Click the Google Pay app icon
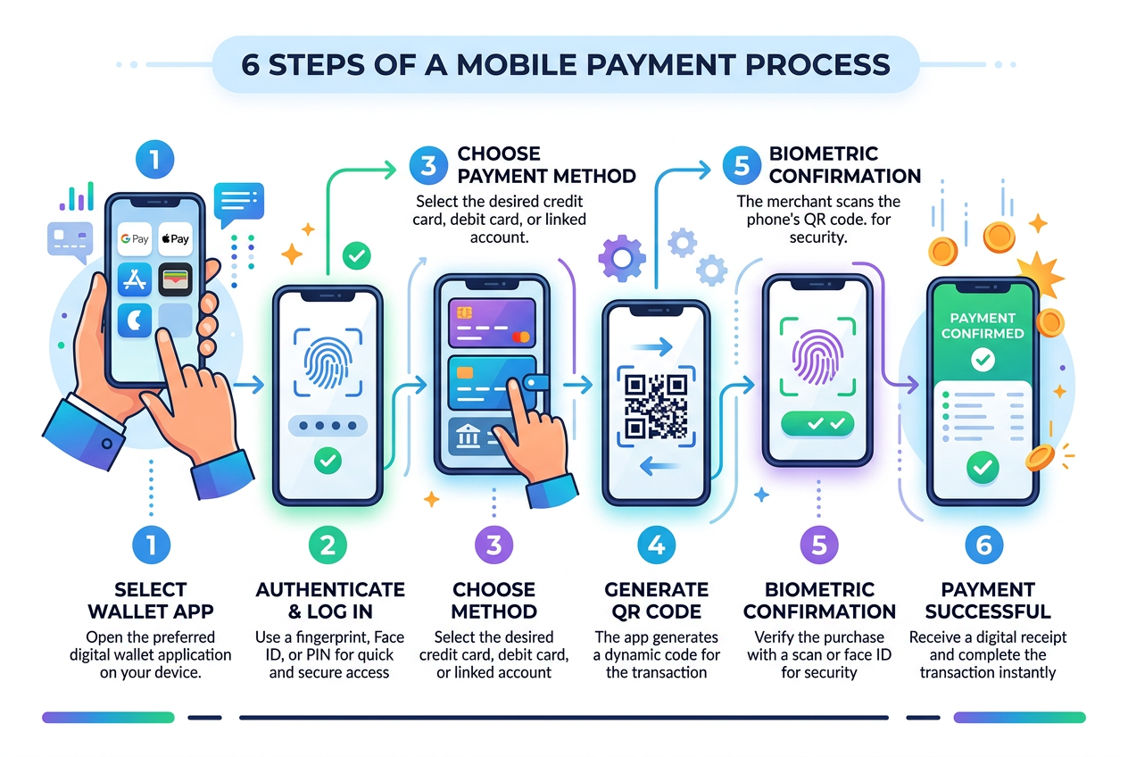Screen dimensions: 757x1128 point(135,239)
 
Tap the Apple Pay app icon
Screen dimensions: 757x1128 point(175,239)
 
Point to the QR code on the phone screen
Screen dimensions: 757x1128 point(656,404)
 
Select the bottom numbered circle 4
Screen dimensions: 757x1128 point(657,545)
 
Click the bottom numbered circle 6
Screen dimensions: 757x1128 point(985,545)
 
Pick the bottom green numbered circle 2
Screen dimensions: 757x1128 point(328,545)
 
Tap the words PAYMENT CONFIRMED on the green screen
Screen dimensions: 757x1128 point(983,326)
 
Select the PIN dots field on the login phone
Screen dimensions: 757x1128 point(328,426)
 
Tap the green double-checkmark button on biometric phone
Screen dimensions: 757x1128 point(817,424)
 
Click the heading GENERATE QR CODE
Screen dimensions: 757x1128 point(656,600)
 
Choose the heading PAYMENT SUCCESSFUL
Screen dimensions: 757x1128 point(987,600)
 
